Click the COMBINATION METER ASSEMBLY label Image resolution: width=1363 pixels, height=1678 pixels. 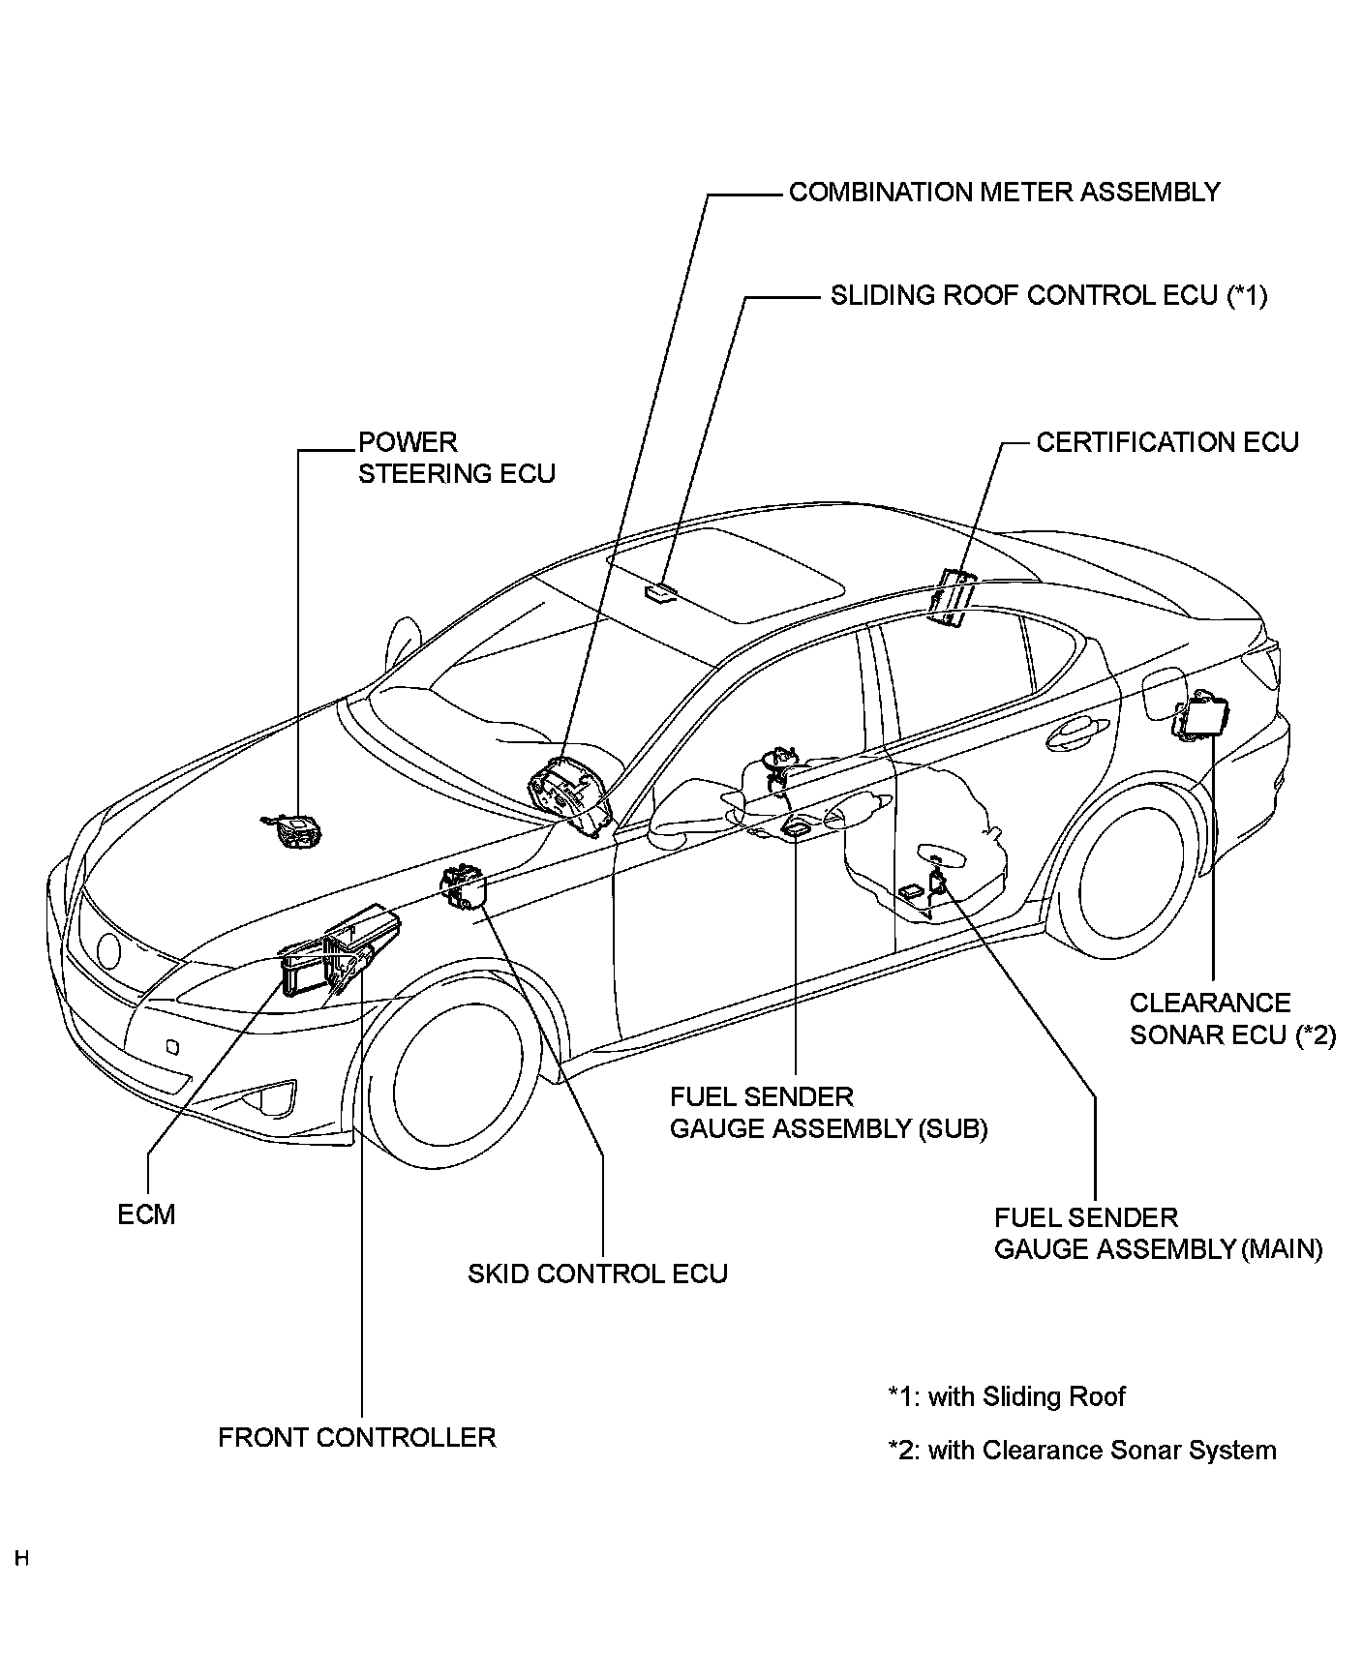pyautogui.click(x=1004, y=193)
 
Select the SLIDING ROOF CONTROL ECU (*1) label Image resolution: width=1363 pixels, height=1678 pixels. pyautogui.click(x=1048, y=295)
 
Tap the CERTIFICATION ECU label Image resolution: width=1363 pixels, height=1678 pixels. pyautogui.click(x=1167, y=442)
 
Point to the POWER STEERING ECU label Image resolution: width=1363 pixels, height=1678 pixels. pyautogui.click(x=457, y=458)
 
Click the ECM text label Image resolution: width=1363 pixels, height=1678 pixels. pyautogui.click(x=147, y=1214)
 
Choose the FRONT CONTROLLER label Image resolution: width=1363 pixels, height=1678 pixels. pyautogui.click(x=357, y=1437)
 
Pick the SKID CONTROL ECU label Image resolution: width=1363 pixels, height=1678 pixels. pyautogui.click(x=597, y=1273)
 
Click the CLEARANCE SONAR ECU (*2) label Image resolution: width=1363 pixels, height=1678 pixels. pyautogui.click(x=1232, y=1019)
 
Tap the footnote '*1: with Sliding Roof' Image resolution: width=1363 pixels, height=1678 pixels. pyautogui.click(x=1007, y=1396)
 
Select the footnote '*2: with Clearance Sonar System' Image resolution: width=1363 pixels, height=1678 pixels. pyautogui.click(x=1082, y=1451)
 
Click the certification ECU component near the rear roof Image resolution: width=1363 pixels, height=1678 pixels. pyautogui.click(x=949, y=596)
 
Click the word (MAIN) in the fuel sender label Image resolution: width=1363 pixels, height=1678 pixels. pyautogui.click(x=1281, y=1249)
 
